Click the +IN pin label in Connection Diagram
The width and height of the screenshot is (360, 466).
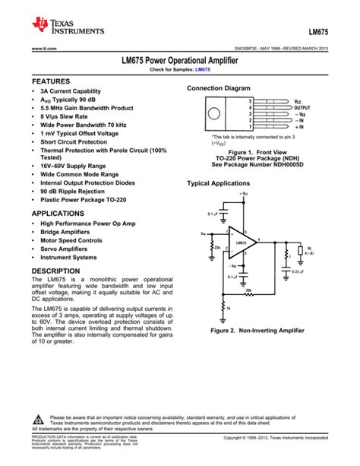[x=299, y=127]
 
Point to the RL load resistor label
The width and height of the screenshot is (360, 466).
[x=310, y=249]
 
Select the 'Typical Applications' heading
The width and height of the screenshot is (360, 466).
[x=218, y=184]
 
